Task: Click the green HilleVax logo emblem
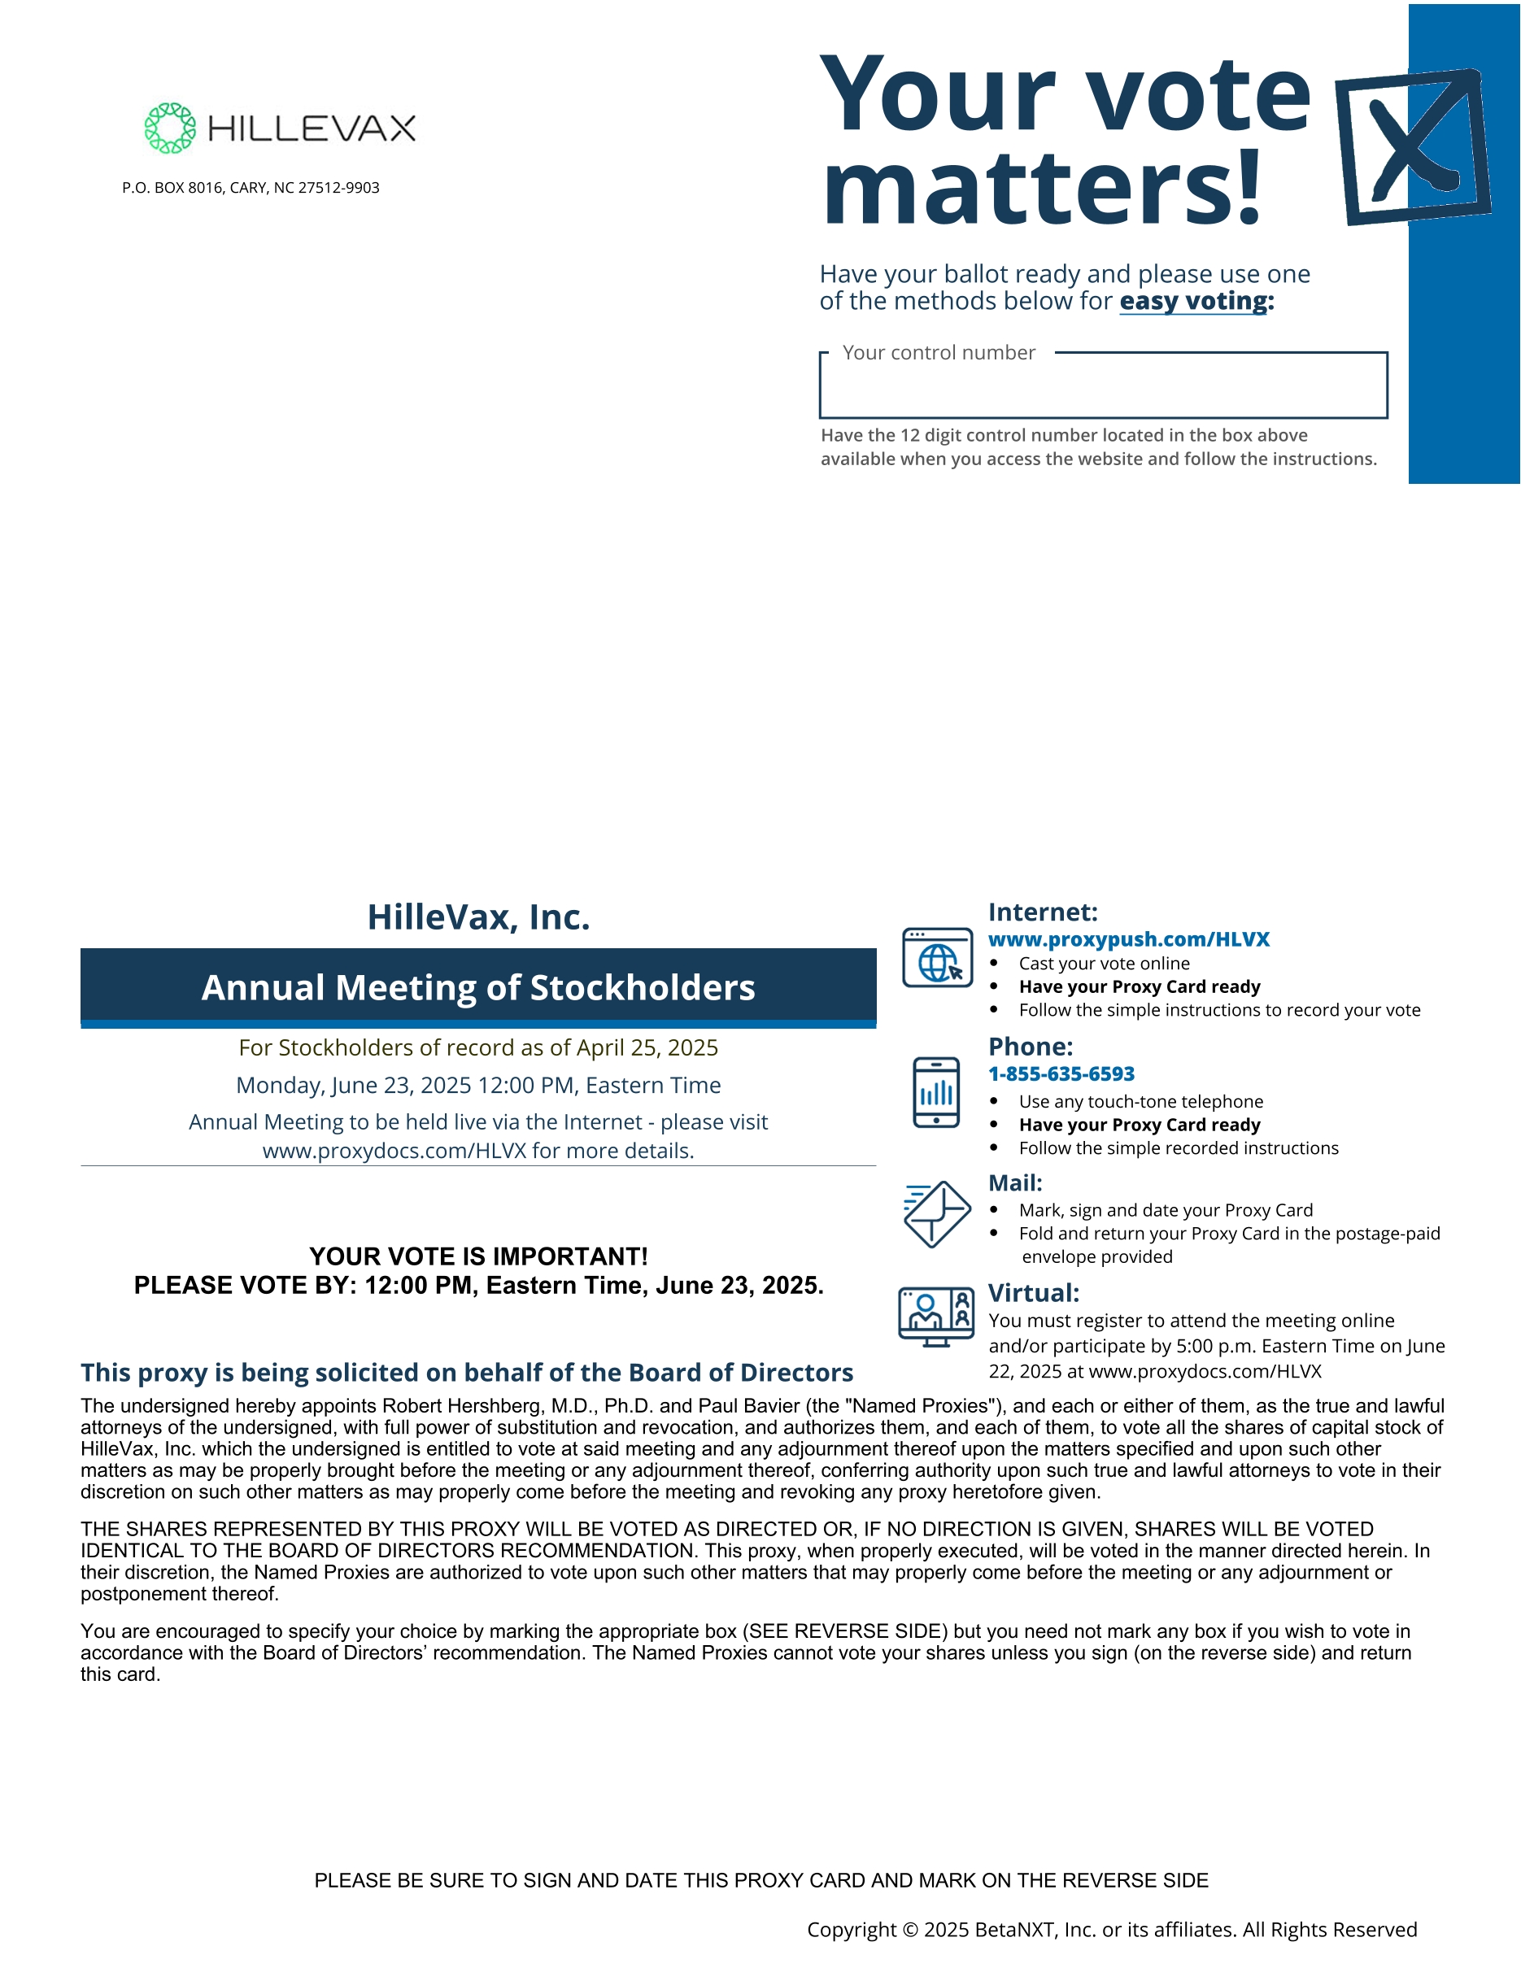(169, 128)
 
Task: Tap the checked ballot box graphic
(1412, 147)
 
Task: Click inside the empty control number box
(1102, 391)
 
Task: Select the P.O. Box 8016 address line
(251, 187)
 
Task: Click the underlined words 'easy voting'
(1193, 301)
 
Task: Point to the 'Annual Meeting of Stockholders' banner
(477, 987)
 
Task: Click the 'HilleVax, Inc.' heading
(477, 917)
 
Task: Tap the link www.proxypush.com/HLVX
(1128, 939)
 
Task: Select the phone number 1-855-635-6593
(1061, 1073)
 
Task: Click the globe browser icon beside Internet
(937, 958)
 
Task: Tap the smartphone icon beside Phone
(936, 1092)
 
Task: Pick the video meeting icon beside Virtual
(936, 1317)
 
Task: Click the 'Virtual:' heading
(1033, 1293)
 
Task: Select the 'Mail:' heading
(1014, 1183)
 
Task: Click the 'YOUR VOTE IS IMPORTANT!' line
(477, 1256)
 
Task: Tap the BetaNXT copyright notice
(1111, 1929)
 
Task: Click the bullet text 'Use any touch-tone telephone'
(1140, 1101)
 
